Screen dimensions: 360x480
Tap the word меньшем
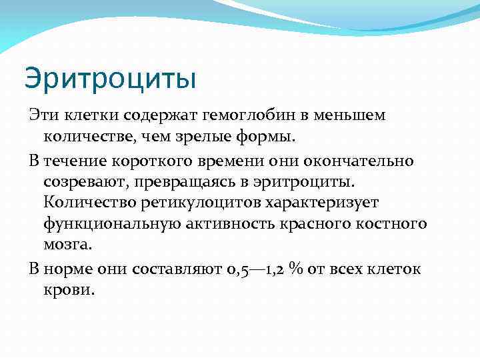pos(355,115)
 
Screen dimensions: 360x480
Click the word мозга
pos(67,245)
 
